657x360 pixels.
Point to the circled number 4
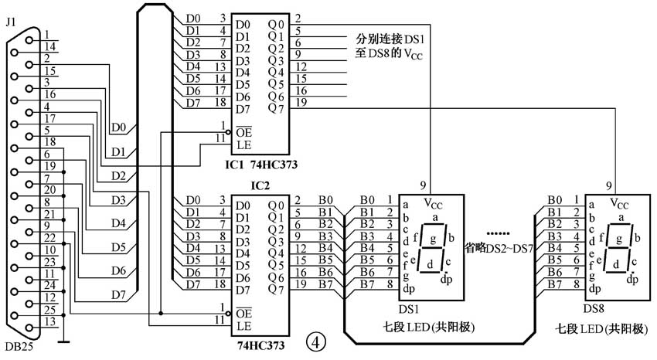point(315,340)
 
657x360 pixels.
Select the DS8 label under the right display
point(594,310)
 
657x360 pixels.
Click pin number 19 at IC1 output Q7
point(301,102)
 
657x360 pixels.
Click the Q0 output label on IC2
point(275,205)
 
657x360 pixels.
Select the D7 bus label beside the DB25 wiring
point(118,294)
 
